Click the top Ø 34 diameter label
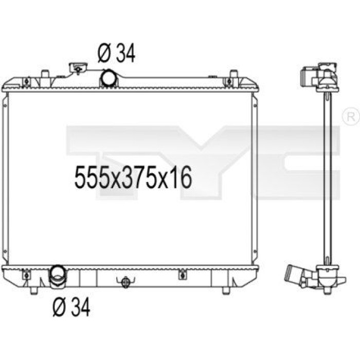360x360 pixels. (116, 53)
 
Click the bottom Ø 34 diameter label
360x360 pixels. (71, 308)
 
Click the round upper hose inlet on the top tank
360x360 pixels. (108, 78)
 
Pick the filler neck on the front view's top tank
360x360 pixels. (78, 68)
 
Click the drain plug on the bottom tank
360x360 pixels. (125, 283)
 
